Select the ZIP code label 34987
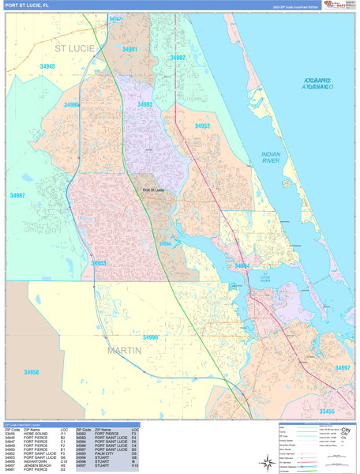click(x=17, y=195)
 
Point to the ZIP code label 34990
click(x=150, y=337)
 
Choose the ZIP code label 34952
click(x=203, y=126)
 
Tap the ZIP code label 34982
click(x=178, y=58)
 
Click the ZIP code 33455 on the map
click(x=327, y=412)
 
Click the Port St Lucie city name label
click(x=153, y=190)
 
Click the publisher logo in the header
click(x=339, y=6)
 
